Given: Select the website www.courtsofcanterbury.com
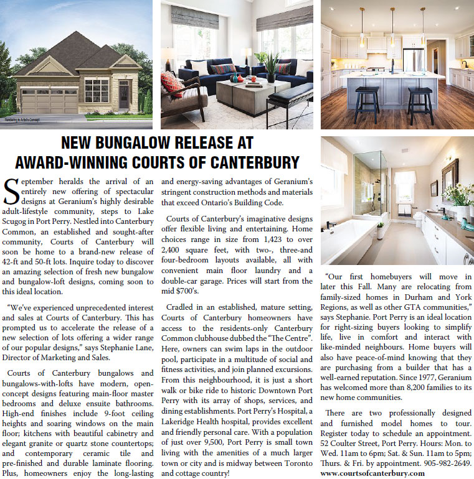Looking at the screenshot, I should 372,473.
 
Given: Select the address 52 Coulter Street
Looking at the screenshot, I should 351,442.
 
